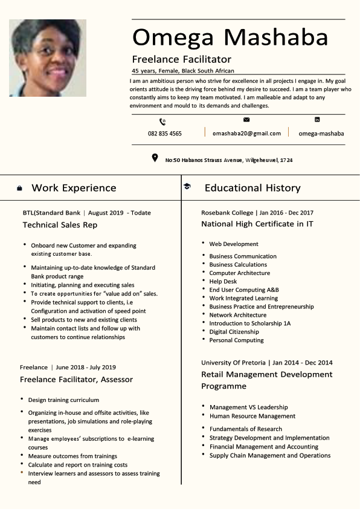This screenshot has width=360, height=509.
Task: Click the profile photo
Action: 48,58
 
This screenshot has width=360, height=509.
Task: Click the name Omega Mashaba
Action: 230,37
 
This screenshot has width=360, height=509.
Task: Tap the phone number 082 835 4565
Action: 164,134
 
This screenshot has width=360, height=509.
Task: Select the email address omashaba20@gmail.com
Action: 246,133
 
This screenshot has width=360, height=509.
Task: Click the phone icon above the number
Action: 162,122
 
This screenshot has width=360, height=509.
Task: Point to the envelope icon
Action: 246,120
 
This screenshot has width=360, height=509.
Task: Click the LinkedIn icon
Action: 317,120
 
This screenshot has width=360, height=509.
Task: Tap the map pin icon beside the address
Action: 155,158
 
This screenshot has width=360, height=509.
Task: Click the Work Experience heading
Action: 74,188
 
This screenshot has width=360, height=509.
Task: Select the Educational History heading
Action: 252,188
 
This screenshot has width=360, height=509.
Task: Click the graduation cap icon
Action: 187,187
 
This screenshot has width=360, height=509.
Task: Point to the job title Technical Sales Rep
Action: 60,225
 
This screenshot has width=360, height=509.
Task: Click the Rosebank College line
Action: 257,213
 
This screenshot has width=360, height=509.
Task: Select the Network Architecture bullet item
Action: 237,315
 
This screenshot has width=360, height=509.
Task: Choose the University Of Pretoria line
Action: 267,363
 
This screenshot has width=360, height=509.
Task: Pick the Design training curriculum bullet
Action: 63,400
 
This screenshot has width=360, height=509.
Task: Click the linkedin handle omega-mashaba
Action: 321,134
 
